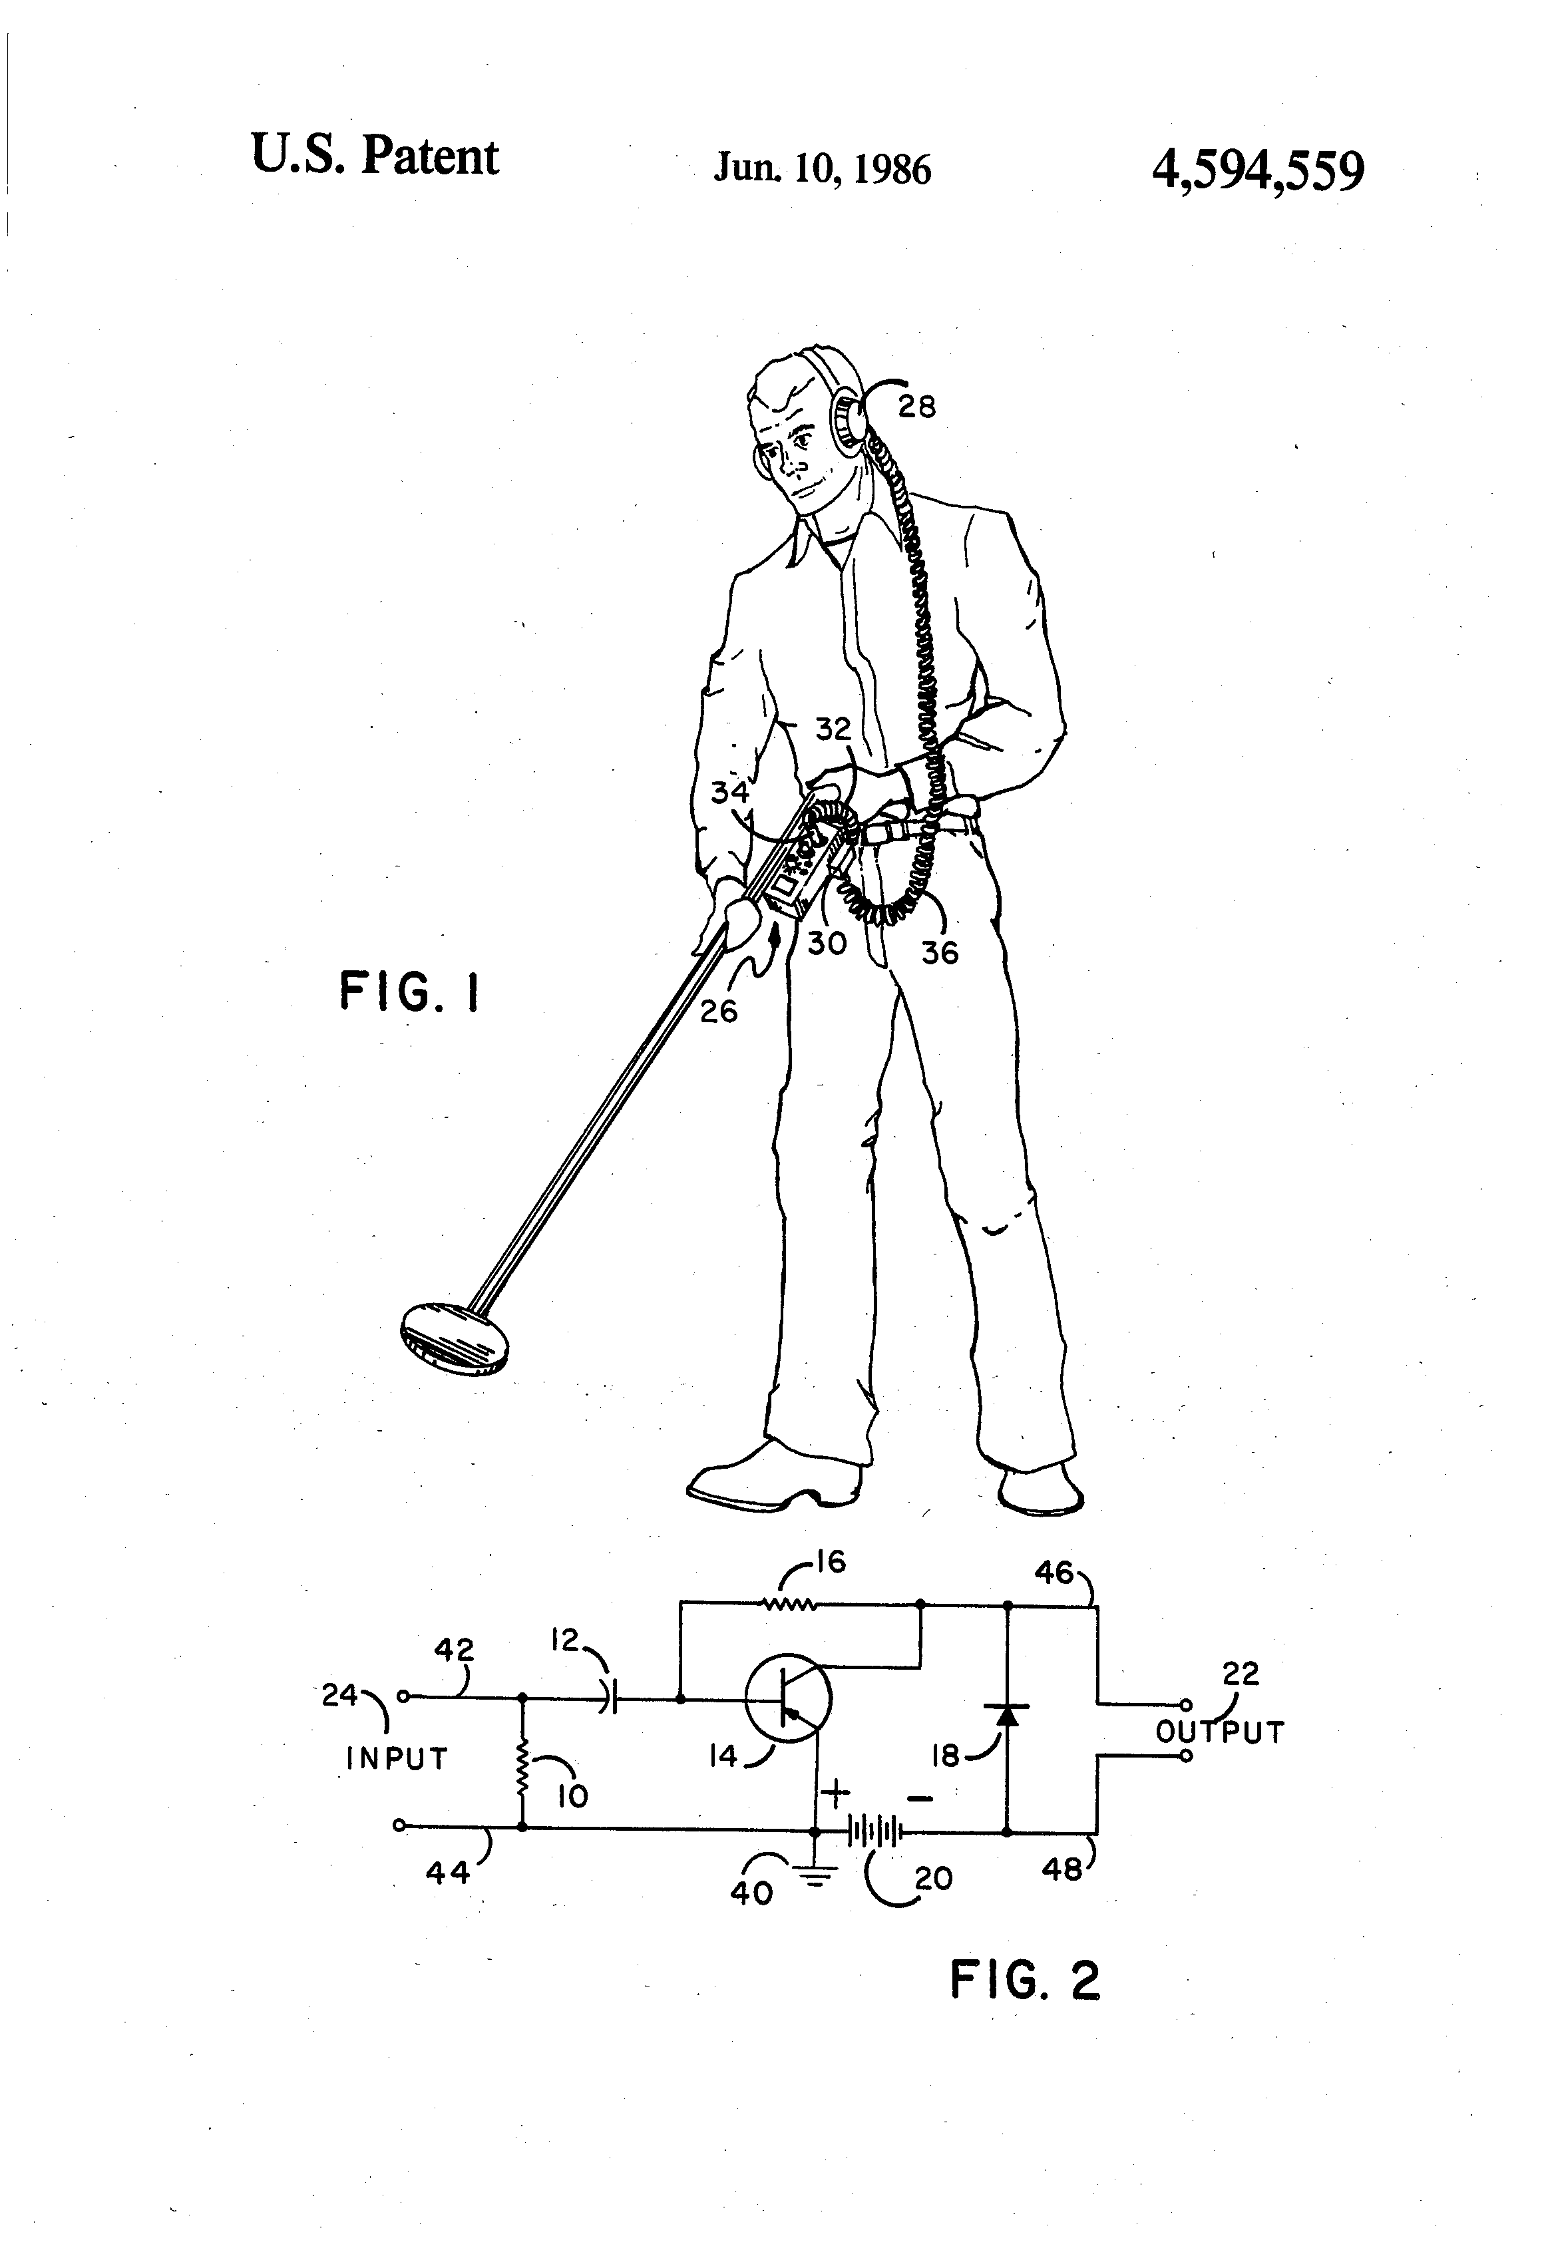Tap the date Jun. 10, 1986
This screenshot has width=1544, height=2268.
click(x=822, y=169)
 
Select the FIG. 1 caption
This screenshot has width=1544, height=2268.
click(x=410, y=994)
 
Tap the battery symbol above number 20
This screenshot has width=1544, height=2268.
click(x=872, y=1832)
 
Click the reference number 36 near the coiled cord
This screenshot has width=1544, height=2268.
click(x=940, y=952)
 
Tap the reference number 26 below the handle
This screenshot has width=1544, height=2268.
click(x=718, y=1011)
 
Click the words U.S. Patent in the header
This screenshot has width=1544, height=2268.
click(x=375, y=156)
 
